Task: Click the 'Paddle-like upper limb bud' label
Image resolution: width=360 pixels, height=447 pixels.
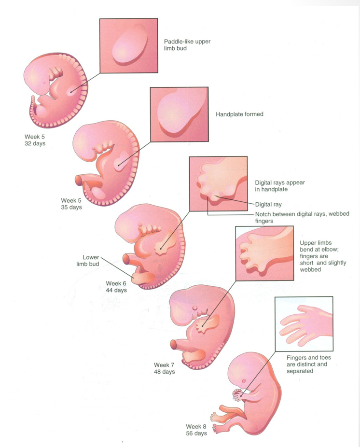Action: [x=187, y=45]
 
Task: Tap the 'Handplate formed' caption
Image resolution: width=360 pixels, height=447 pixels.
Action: [x=239, y=114]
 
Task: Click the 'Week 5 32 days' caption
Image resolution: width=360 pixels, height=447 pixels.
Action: [x=35, y=140]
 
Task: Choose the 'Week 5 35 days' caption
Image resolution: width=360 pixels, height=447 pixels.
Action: [x=71, y=204]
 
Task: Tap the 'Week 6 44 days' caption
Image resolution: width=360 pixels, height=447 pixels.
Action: [x=116, y=287]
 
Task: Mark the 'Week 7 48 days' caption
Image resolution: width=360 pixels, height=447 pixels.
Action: [x=164, y=368]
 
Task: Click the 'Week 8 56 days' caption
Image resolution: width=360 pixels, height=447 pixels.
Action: [x=196, y=430]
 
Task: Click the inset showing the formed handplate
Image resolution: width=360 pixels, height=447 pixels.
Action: [x=179, y=114]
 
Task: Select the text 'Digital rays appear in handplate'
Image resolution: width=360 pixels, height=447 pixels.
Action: [x=279, y=186]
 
